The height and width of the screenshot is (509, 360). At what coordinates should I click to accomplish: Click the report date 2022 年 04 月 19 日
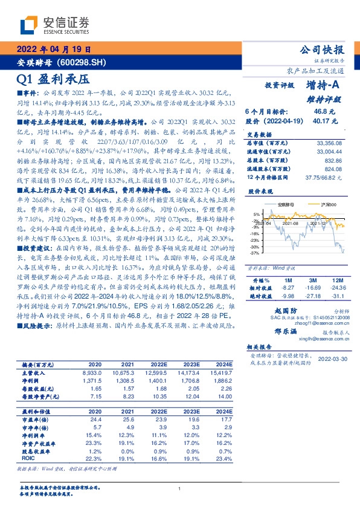point(54,50)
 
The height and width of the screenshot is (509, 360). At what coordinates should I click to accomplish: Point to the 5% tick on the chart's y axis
point(257,214)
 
